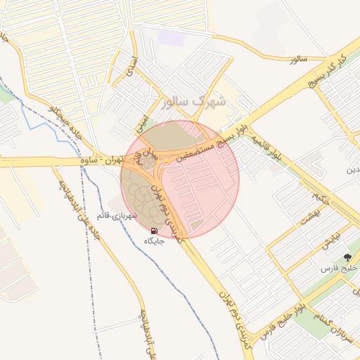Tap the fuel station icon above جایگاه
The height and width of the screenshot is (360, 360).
point(154,231)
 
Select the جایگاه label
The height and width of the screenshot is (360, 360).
point(154,241)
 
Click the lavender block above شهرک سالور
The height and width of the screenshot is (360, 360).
point(171,38)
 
